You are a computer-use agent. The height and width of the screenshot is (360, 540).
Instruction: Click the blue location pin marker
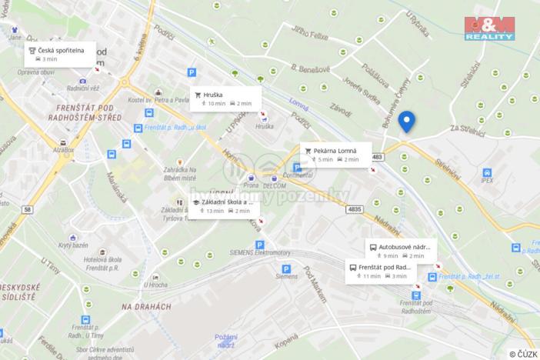(406, 121)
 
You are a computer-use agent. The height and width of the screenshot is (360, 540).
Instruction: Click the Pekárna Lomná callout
(335, 154)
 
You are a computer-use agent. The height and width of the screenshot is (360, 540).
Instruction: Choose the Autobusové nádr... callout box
(401, 251)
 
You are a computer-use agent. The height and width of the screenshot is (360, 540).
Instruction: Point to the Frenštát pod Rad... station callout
(380, 271)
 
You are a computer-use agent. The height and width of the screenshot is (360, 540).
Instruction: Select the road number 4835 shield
(353, 208)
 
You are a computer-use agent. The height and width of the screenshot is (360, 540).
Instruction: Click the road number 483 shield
(375, 157)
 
